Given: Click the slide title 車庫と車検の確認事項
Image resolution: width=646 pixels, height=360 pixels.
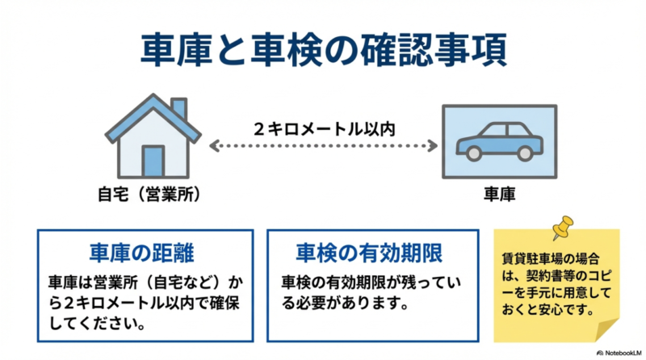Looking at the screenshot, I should pyautogui.click(x=323, y=50).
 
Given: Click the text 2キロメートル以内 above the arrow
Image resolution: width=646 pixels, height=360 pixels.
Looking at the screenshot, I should pyautogui.click(x=324, y=128).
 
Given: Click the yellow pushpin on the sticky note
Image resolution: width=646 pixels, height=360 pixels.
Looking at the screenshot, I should pyautogui.click(x=563, y=227).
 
